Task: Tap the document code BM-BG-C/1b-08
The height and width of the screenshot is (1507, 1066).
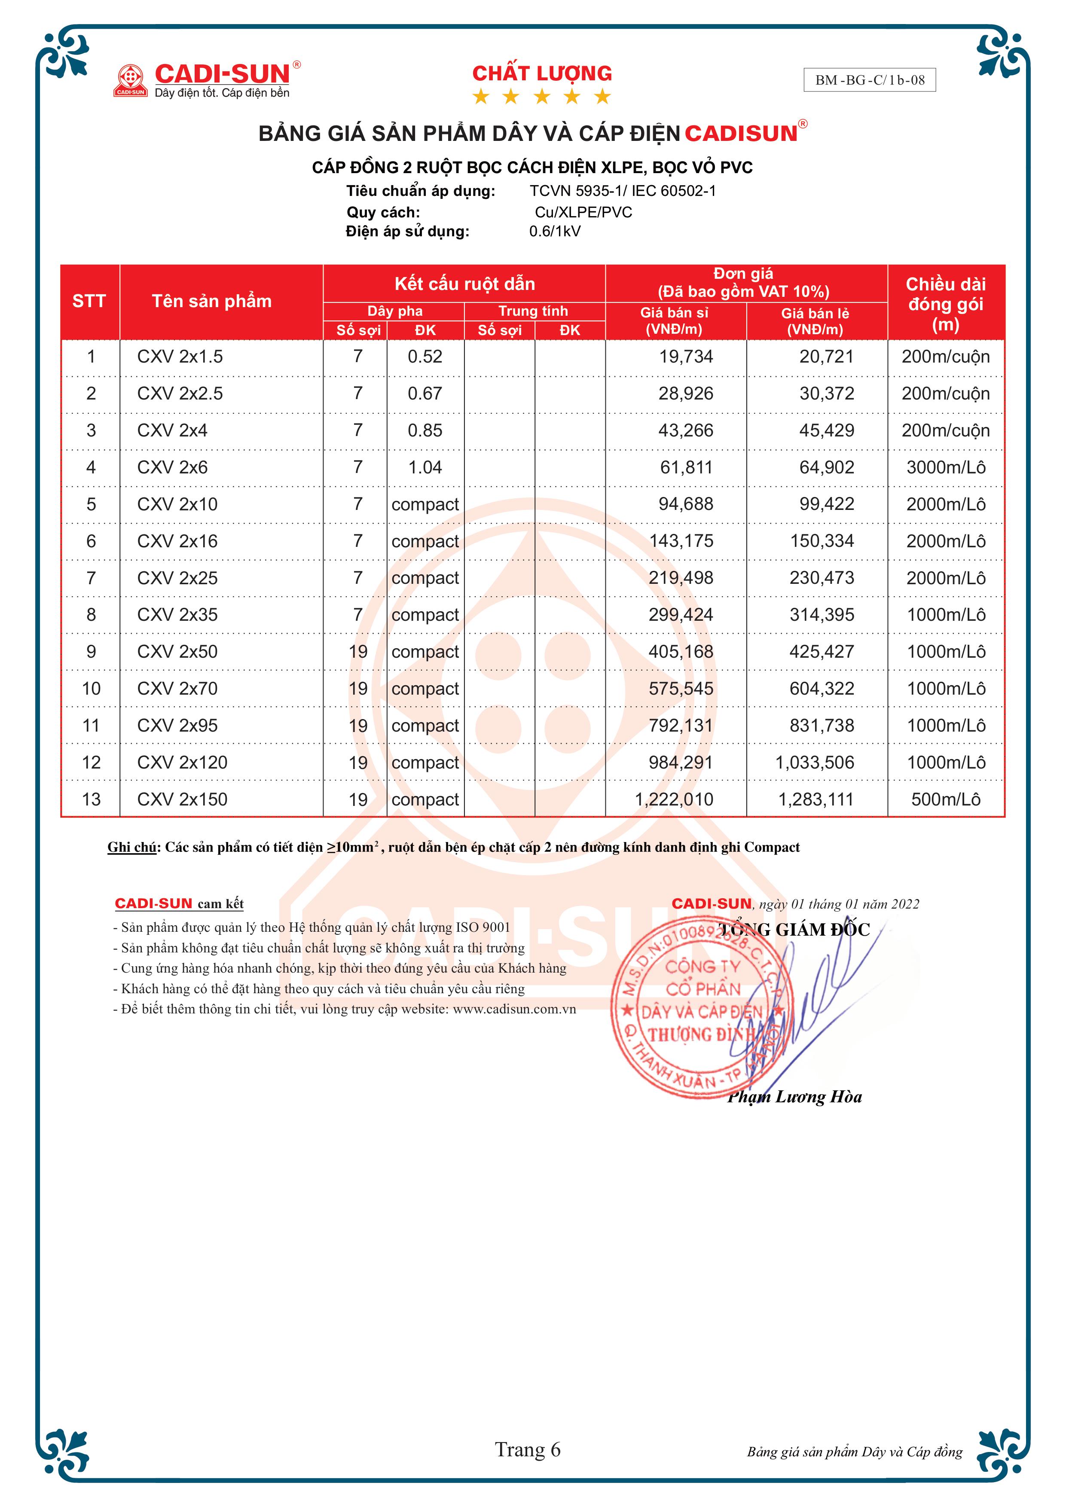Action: [x=869, y=80]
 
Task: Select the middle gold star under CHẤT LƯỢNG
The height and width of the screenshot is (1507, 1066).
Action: [x=541, y=97]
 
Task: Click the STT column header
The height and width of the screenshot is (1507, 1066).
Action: [x=89, y=301]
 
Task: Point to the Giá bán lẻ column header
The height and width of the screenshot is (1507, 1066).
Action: [x=816, y=321]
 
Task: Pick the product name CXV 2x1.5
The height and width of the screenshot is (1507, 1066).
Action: [x=180, y=357]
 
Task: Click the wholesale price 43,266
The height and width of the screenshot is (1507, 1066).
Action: [x=685, y=430]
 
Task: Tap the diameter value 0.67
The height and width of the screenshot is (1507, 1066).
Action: [x=425, y=394]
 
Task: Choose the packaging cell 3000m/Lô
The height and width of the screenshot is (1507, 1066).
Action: [x=945, y=467]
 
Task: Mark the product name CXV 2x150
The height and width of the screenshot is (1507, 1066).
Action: [x=182, y=799]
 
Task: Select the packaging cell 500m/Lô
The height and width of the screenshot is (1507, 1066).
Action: [x=945, y=799]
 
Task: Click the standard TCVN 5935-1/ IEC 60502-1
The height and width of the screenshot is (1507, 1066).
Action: [x=622, y=191]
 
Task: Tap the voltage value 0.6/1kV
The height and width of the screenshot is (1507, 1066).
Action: [x=555, y=231]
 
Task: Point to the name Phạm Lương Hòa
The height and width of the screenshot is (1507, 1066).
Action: [x=794, y=1097]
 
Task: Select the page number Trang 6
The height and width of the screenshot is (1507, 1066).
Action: [x=528, y=1449]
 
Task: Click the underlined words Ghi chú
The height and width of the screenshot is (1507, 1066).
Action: [x=132, y=847]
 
